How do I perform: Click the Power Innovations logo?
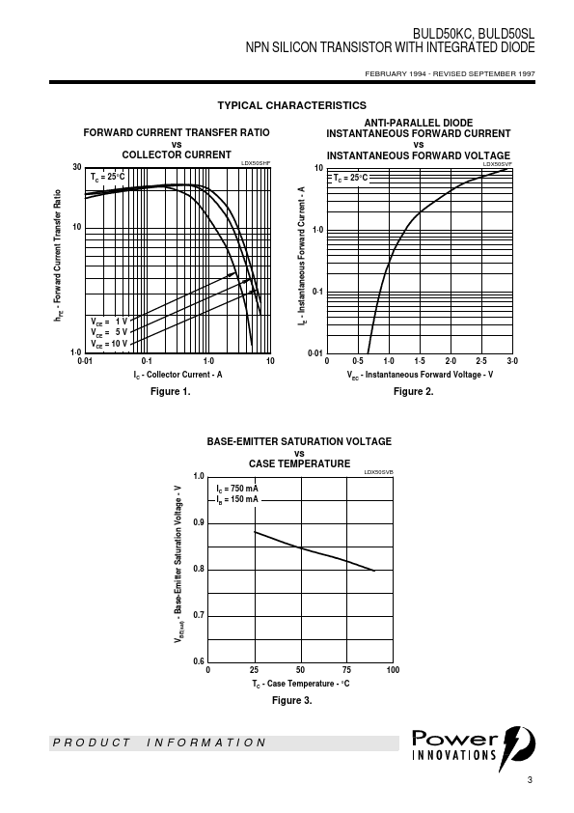coord(474,746)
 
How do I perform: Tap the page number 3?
coord(530,780)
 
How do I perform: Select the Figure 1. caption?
coord(171,391)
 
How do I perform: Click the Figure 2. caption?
coord(414,391)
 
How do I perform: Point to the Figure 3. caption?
coord(292,700)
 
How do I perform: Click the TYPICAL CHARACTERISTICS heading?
coord(291,105)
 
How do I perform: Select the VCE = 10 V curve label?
coord(109,344)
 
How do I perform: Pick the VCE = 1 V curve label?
coord(109,322)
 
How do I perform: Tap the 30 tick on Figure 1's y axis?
coord(77,167)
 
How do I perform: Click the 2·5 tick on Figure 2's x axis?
coord(481,361)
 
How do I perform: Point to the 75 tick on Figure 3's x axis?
coord(346,670)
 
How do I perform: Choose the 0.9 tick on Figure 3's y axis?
coord(199,522)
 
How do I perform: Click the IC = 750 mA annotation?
coord(237,489)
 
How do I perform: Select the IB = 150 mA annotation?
coord(237,499)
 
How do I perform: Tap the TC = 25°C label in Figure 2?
coord(350,178)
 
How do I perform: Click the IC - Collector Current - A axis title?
coord(178,375)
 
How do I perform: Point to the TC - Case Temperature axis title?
coord(300,684)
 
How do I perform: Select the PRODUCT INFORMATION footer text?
coord(159,743)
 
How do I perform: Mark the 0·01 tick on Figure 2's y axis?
coord(314,353)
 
